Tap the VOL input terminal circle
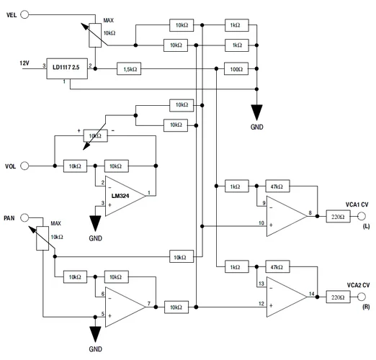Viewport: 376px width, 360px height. click(x=26, y=166)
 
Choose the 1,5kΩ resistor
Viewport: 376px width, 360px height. click(x=129, y=69)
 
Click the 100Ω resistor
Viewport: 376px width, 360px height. click(x=235, y=69)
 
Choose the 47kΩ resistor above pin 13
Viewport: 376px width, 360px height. click(x=277, y=266)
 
